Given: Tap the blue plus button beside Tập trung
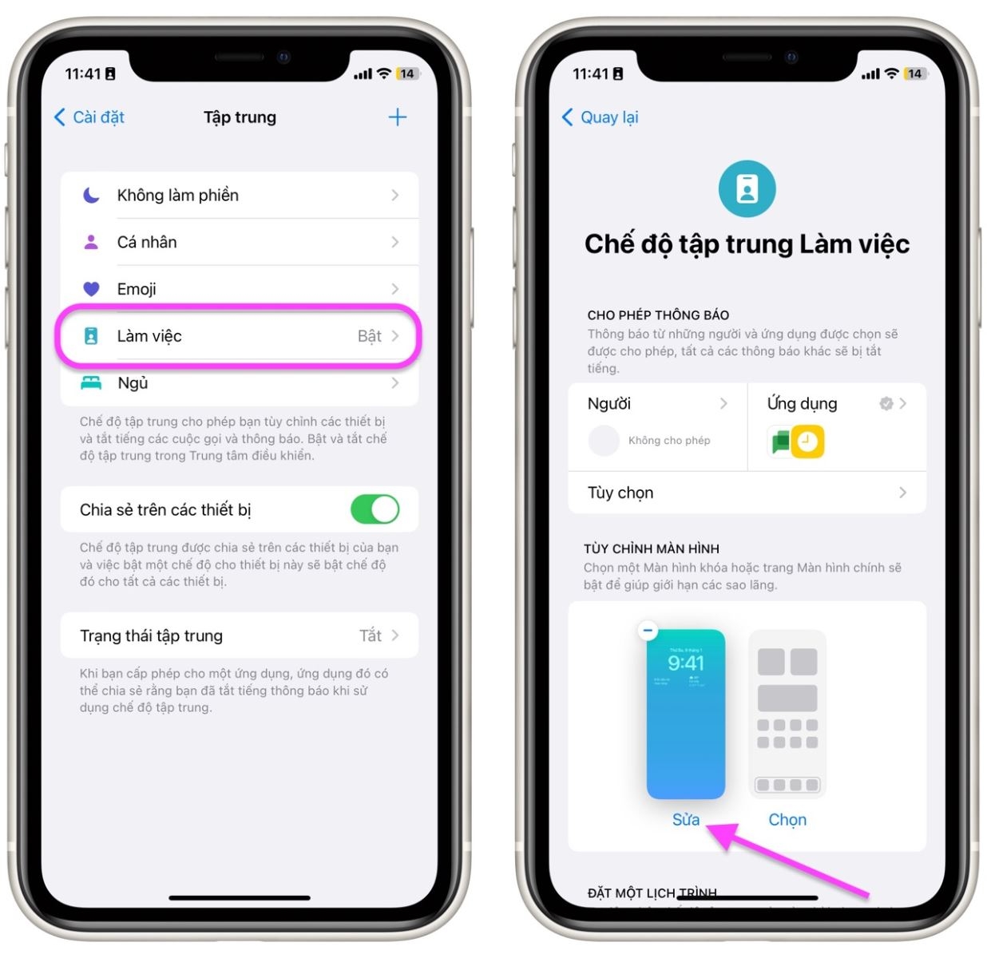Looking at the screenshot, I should point(397,117).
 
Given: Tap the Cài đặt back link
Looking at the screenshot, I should point(89,117).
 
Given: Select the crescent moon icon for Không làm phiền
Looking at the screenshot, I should point(92,195).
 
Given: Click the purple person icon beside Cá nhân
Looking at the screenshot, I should point(91,242).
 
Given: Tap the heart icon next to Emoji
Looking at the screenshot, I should point(92,289).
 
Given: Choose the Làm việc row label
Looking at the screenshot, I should point(149,336).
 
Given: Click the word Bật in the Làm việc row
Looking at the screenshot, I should point(369,336).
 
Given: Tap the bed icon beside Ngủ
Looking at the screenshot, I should point(91,383).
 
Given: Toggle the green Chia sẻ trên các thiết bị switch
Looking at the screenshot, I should point(375,509).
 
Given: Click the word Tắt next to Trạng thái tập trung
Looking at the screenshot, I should point(370,635).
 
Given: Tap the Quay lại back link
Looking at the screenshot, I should point(601,117).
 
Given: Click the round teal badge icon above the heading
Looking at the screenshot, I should point(747,189).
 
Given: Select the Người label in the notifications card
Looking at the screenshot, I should point(609,404).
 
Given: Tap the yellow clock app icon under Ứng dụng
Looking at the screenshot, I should point(807,441).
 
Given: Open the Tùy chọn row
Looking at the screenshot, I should point(747,493).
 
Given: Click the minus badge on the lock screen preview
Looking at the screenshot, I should point(648,631).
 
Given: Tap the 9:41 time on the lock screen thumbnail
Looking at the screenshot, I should point(686,663).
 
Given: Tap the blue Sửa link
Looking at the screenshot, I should point(685,820).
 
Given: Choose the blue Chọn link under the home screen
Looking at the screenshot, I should point(787,820).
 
